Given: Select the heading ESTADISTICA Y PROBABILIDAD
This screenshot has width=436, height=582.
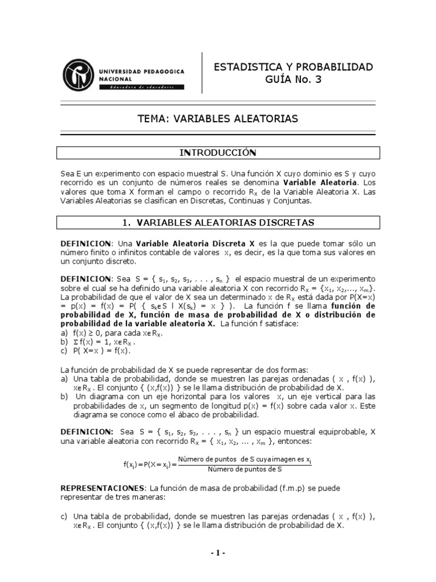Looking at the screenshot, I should [293, 67].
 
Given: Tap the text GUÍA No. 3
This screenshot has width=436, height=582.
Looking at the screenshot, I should [293, 80].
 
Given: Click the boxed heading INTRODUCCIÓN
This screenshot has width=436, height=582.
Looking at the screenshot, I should [217, 152].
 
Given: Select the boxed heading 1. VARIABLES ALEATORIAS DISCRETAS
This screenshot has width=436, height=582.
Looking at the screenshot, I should [219, 222].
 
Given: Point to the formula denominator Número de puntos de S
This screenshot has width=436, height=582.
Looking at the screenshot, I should [245, 469].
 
